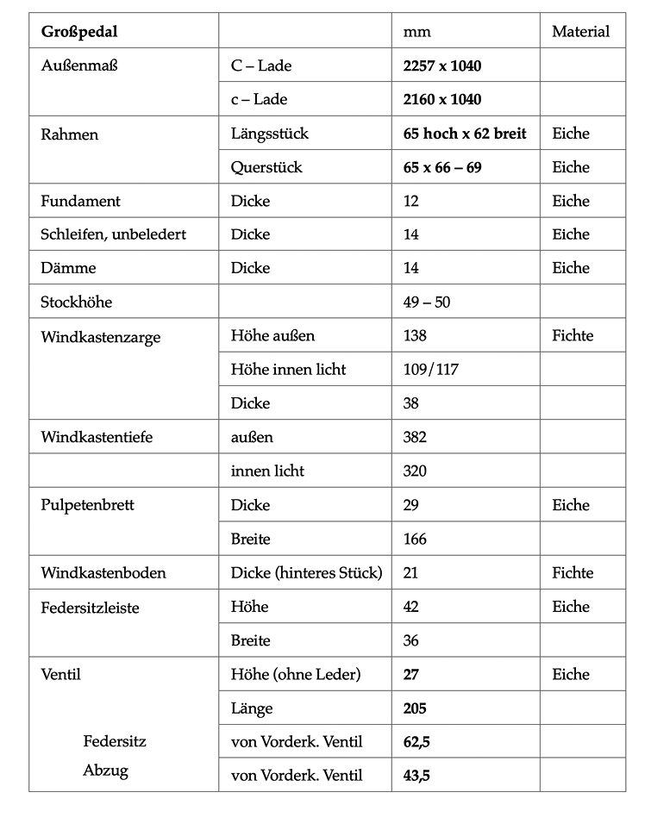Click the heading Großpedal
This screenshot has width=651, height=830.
(x=79, y=32)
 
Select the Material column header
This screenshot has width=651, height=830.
(x=580, y=32)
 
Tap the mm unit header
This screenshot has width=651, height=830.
(x=416, y=33)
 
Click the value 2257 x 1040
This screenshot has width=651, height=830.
(x=442, y=66)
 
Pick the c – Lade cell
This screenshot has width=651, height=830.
(x=260, y=100)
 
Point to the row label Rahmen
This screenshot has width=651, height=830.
(x=70, y=134)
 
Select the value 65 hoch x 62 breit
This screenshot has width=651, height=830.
(x=465, y=134)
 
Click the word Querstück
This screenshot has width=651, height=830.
(x=266, y=167)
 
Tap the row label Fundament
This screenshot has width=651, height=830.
(x=81, y=201)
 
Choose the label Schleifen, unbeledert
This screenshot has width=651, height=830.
(x=114, y=234)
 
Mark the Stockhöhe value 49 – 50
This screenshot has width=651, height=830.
(x=427, y=303)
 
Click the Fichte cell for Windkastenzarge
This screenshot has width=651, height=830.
(x=573, y=336)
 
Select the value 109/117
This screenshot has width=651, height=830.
(x=430, y=370)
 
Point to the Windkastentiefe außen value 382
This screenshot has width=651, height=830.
(x=415, y=437)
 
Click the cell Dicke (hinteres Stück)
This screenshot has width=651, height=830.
(x=306, y=572)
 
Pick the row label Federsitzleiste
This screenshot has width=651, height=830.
(x=90, y=608)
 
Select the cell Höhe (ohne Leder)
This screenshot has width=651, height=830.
(x=294, y=675)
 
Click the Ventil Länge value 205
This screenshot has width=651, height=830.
(x=415, y=708)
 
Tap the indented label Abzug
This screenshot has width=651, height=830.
(x=105, y=771)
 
